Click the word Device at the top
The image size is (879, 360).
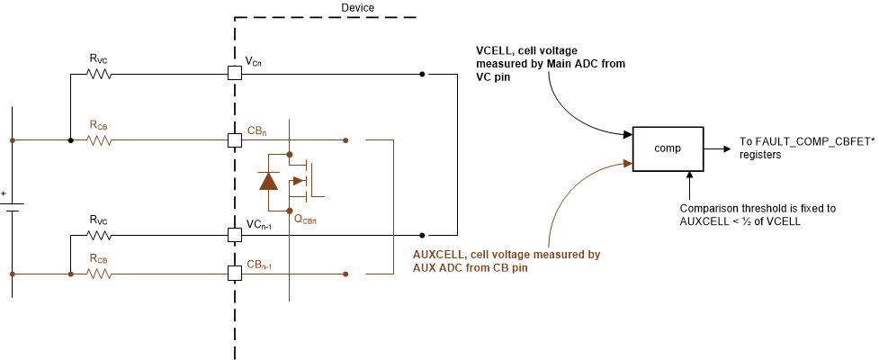coord(358,8)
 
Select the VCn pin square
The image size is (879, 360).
coord(234,74)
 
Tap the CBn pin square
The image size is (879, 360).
coord(234,140)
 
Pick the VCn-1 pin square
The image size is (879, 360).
coord(234,234)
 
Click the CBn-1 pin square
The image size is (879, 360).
coord(234,273)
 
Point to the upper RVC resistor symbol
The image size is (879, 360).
coord(99,74)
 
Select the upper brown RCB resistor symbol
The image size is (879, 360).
coord(99,140)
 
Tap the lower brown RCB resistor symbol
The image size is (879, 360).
coord(99,273)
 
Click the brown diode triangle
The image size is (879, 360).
coord(268,181)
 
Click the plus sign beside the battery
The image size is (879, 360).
coord(4,193)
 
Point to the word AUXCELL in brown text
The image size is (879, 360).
coord(438,255)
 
